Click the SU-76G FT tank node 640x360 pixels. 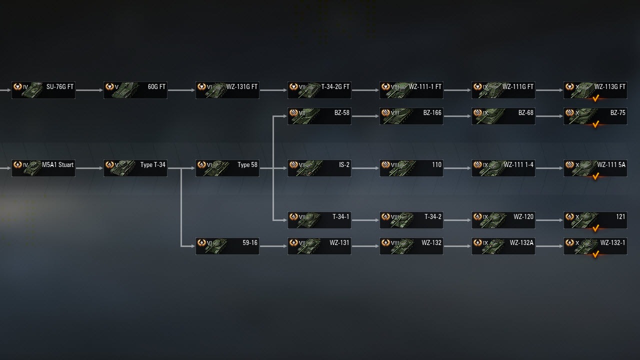[x=43, y=90]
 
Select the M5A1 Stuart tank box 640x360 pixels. [x=43, y=168]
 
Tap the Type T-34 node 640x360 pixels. [x=135, y=168]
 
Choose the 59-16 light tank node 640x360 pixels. [x=227, y=246]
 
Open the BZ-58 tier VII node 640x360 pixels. [x=319, y=116]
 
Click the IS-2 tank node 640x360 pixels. [x=319, y=168]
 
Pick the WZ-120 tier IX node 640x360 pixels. [x=503, y=220]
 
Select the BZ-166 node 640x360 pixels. [x=411, y=116]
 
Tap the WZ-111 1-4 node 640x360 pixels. [x=503, y=168]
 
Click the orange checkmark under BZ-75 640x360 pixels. [x=595, y=124]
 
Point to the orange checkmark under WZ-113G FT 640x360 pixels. [x=595, y=98]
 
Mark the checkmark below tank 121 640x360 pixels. [x=595, y=228]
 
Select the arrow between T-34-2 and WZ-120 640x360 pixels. [x=457, y=220]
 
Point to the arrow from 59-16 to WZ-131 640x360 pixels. [x=273, y=246]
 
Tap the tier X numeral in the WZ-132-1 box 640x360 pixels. [x=577, y=243]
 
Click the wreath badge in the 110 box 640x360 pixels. [x=385, y=164]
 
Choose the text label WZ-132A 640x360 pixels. [x=521, y=243]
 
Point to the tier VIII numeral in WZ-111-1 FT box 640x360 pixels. [x=395, y=87]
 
